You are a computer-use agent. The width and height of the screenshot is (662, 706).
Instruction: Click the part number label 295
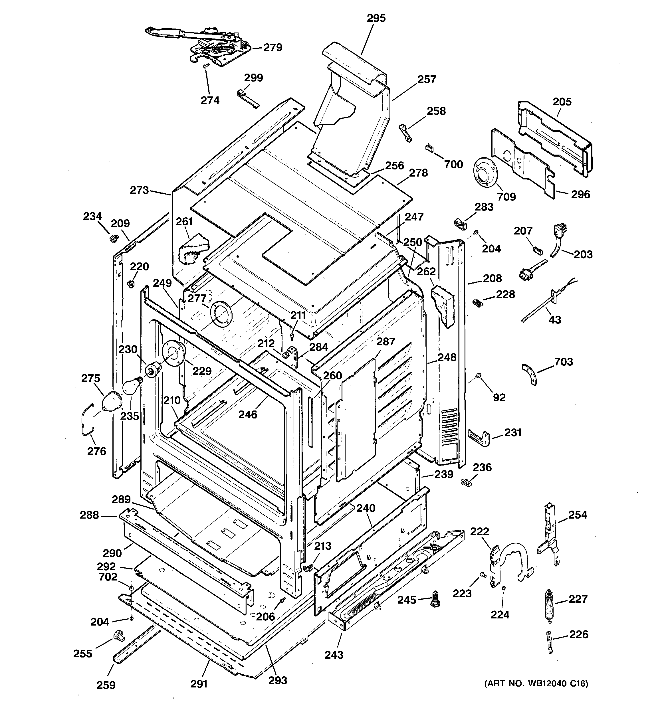pyautogui.click(x=376, y=18)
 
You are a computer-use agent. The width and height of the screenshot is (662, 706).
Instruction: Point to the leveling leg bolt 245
pyautogui.click(x=435, y=600)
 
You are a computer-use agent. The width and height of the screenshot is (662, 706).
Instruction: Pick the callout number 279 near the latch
pyautogui.click(x=273, y=48)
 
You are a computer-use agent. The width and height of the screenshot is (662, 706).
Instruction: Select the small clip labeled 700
pyautogui.click(x=430, y=147)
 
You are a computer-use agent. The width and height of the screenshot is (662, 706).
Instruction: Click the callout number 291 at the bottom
pyautogui.click(x=199, y=683)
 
